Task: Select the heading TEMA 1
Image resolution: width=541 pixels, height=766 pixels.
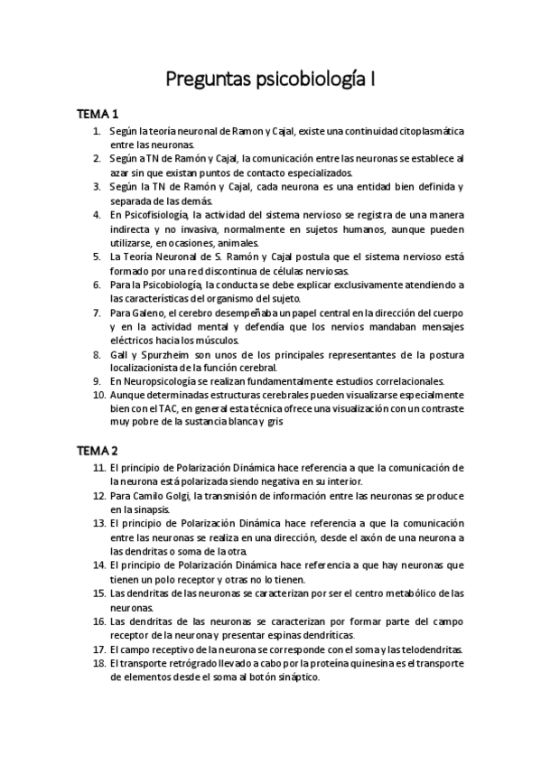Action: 98,115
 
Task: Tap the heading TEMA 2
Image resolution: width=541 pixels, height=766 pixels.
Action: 98,449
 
